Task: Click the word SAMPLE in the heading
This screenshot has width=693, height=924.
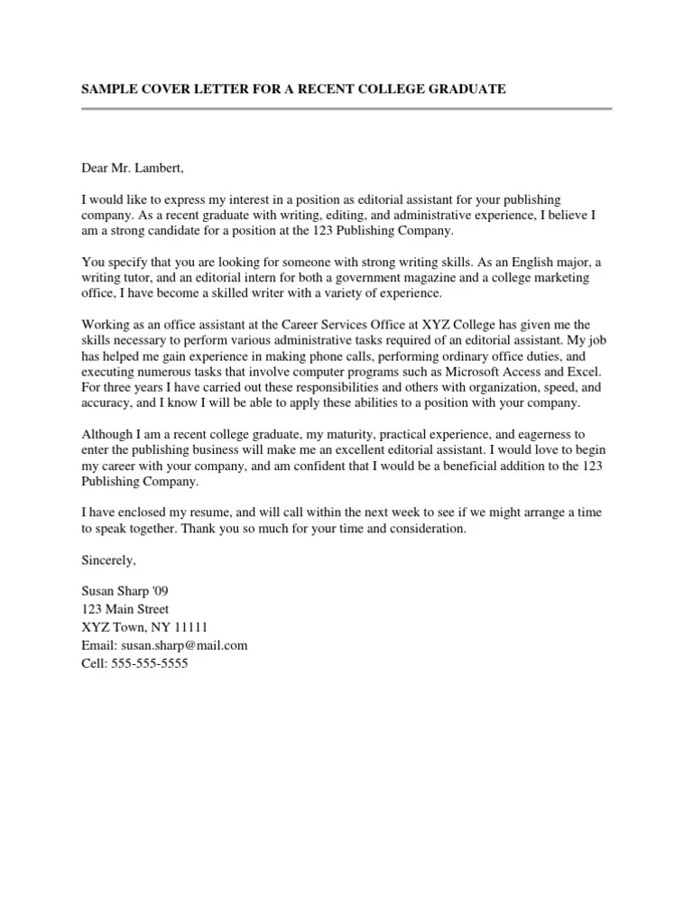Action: tap(108, 89)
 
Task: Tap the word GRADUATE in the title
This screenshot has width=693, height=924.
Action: tap(463, 89)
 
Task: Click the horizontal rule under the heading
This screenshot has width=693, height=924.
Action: tap(346, 109)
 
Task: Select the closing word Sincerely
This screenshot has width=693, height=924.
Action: tap(108, 560)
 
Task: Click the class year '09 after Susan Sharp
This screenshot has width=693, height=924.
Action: tap(157, 591)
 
